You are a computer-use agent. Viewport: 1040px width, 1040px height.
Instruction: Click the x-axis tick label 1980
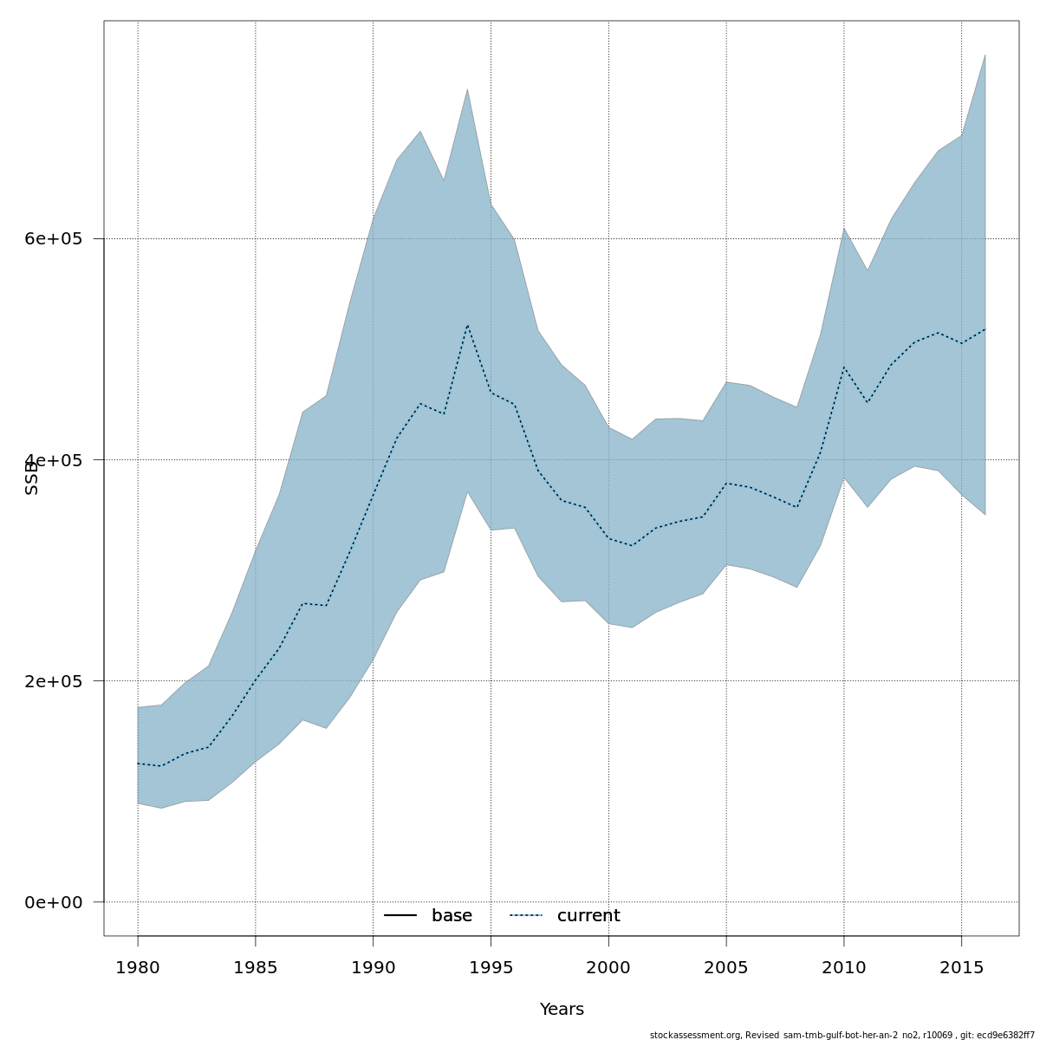138,967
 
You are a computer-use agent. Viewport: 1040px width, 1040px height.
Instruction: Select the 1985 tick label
256,967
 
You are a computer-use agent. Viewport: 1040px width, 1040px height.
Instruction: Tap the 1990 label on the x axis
373,967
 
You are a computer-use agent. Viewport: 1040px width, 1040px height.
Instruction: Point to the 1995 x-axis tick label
491,967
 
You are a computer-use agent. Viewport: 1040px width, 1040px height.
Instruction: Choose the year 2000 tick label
608,967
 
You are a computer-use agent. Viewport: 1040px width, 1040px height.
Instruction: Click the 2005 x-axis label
726,967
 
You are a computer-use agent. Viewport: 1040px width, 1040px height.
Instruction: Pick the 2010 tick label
843,967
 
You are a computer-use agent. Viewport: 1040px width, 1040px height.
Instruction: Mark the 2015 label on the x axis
961,967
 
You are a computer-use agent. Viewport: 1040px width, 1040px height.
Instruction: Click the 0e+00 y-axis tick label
54,902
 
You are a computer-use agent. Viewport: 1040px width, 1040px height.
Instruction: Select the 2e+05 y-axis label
54,681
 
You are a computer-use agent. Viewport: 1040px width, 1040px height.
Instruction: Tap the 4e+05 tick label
54,460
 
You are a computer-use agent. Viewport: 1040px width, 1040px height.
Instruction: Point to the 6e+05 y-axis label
54,239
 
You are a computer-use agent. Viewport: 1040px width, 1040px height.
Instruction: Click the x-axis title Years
562,1010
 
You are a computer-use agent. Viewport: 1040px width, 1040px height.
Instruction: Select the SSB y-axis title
32,478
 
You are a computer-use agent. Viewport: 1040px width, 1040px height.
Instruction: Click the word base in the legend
452,916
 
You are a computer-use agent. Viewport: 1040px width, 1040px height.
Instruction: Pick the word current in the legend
588,916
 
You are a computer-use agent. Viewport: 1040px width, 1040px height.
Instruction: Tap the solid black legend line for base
400,916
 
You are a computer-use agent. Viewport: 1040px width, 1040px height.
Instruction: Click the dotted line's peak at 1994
467,325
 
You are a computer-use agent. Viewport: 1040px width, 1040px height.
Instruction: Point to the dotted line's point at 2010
843,367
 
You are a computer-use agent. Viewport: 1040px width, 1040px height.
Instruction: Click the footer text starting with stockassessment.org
842,1035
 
